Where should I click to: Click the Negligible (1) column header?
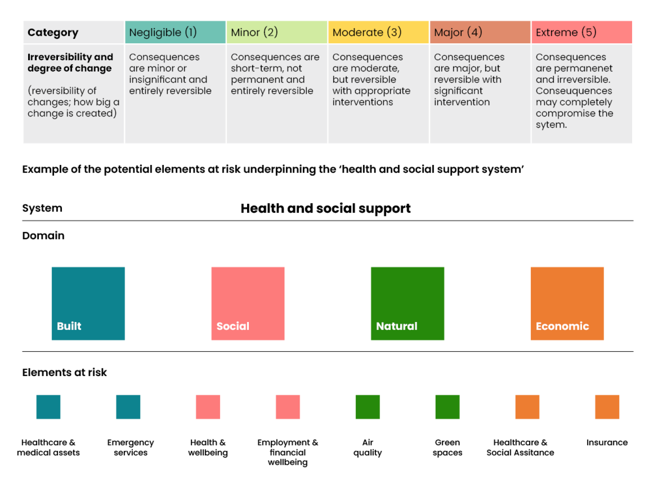coord(175,32)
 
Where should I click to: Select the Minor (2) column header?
coord(276,32)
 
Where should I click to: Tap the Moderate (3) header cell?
coord(378,32)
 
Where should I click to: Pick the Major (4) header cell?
coord(480,32)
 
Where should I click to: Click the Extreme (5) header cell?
coord(582,32)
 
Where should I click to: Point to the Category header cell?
coord(74,32)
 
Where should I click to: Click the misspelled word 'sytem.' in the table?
coord(551,125)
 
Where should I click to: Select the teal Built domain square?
coord(88,303)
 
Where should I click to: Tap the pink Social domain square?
coord(247,303)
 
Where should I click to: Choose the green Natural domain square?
coord(408,303)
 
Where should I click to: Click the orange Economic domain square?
coord(567,303)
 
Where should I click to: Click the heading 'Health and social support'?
coord(325,209)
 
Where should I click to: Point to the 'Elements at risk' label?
coord(64,372)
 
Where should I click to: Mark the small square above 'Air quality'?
coord(368,407)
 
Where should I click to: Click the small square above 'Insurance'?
coord(607,407)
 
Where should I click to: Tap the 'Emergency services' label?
coord(131,448)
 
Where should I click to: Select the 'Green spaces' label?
coord(447,448)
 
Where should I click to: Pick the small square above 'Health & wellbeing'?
coord(208,407)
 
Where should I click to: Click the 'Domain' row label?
coord(43,236)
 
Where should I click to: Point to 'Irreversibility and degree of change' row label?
coord(70,63)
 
